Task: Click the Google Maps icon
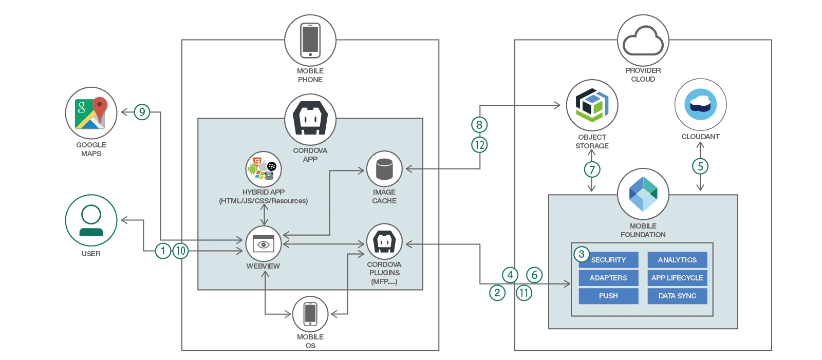click(x=90, y=113)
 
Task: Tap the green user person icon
click(x=91, y=220)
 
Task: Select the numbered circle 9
click(x=142, y=112)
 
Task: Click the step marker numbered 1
click(x=163, y=251)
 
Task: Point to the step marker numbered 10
click(x=180, y=251)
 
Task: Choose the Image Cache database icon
click(x=384, y=169)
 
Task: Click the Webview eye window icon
click(x=264, y=244)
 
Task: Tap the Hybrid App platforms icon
click(x=264, y=169)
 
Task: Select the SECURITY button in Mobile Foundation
click(x=608, y=260)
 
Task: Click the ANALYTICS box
click(x=677, y=260)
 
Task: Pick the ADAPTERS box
click(x=608, y=278)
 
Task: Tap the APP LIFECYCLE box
click(x=677, y=278)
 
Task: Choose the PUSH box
click(x=608, y=296)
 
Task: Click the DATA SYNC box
click(x=677, y=296)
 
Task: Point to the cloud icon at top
click(x=643, y=41)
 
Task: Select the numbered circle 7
click(x=592, y=169)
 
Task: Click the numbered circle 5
click(x=700, y=166)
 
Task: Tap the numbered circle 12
click(x=479, y=145)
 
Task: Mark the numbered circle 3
click(x=582, y=254)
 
